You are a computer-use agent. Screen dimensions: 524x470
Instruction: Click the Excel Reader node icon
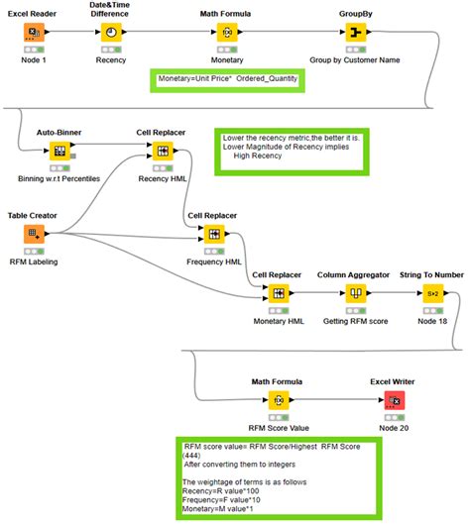click(x=34, y=32)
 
